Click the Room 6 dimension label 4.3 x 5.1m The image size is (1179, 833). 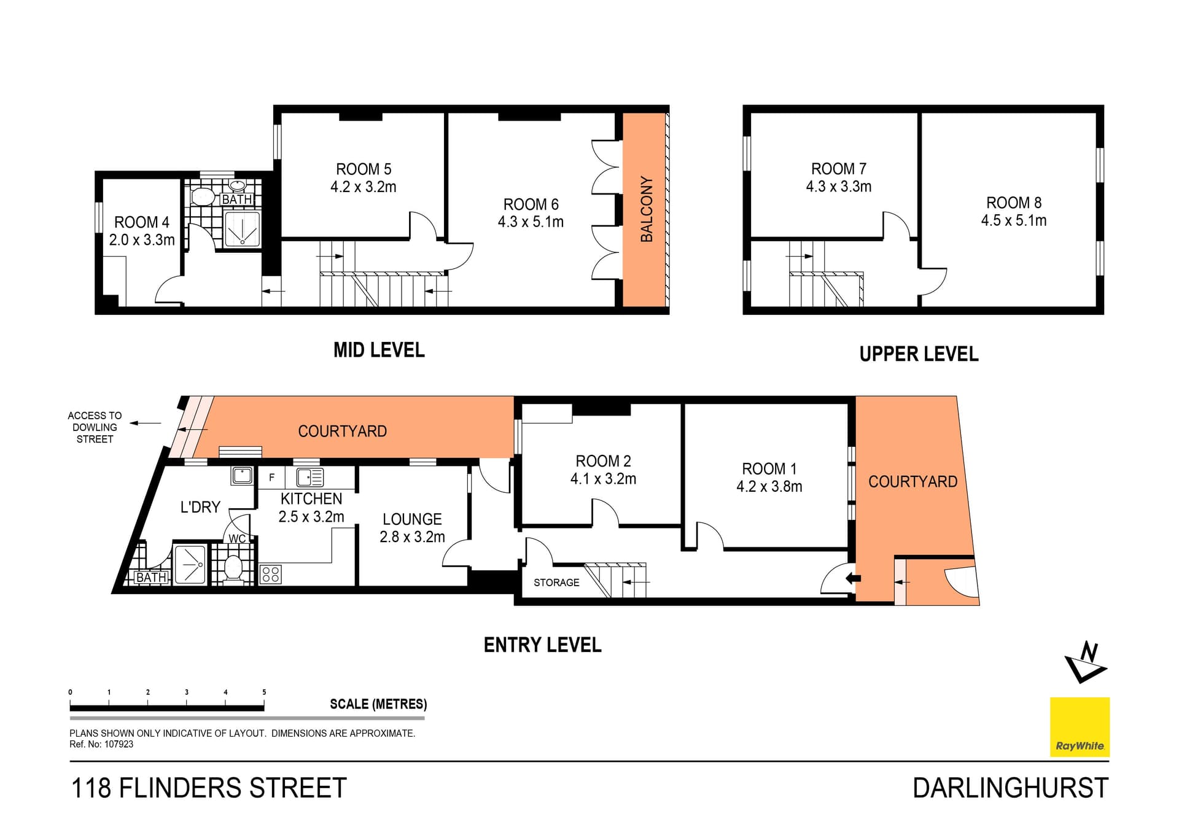point(531,222)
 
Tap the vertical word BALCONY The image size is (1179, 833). point(646,209)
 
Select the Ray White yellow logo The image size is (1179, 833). point(1080,727)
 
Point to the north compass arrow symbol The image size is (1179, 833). point(1086,663)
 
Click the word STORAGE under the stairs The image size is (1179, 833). point(556,583)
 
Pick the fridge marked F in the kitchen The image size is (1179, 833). point(271,478)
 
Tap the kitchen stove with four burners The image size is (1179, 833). point(271,575)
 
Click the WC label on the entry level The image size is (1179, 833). point(237,539)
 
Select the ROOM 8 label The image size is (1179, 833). point(1014,203)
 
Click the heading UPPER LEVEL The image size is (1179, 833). point(919,354)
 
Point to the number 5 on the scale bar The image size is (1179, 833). point(264,692)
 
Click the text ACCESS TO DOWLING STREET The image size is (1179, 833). point(95,427)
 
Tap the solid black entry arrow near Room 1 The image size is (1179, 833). point(853,578)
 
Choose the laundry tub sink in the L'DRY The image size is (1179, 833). point(242,475)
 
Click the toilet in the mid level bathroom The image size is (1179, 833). point(203,197)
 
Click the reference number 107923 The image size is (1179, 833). point(119,744)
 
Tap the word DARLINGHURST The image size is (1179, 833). point(1010,788)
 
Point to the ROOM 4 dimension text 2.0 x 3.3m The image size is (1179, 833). point(142,240)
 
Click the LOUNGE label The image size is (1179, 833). point(412,519)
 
